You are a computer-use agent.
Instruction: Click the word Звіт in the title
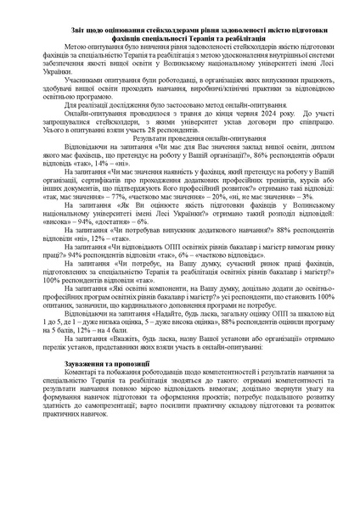[78, 29]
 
